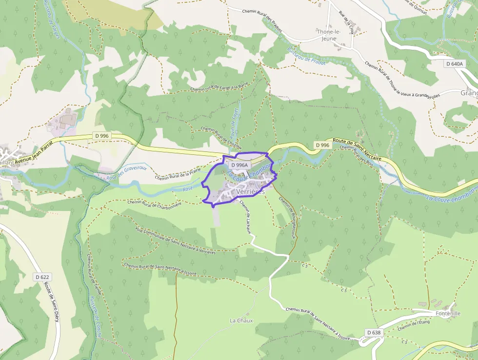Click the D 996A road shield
tap(239, 165)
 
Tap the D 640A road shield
tap(454, 64)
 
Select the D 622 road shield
tap(42, 277)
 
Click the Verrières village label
tap(250, 192)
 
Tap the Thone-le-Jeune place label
tap(329, 35)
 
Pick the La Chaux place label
tap(241, 320)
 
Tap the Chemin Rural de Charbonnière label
tap(154, 202)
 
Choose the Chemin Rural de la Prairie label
tap(178, 174)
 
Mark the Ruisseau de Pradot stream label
tap(306, 54)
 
